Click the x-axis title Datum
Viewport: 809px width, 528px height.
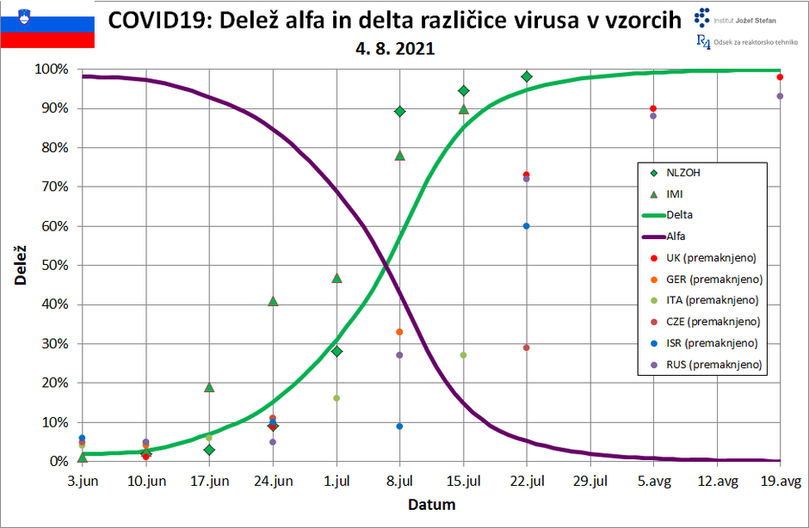(x=431, y=505)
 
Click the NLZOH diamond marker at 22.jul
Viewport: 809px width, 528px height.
(x=526, y=77)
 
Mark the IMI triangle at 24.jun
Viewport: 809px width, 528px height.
(x=273, y=301)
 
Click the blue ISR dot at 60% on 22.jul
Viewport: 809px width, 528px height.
(x=526, y=226)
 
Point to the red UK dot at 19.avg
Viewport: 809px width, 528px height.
(x=779, y=77)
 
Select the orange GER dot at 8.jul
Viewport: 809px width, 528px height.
(x=399, y=332)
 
